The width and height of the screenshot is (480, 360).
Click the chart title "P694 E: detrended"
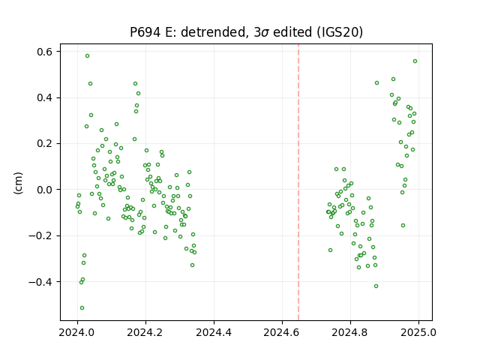click(187, 32)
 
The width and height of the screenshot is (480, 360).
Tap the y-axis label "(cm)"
click(18, 183)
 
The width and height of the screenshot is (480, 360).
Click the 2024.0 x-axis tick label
click(76, 332)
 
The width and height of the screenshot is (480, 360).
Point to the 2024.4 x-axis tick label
click(214, 332)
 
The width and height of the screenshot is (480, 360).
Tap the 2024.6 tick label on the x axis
click(282, 332)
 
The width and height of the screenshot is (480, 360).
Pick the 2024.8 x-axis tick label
click(350, 332)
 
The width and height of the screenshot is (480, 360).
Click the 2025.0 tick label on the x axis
click(418, 332)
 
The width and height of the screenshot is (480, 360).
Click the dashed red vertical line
click(298, 182)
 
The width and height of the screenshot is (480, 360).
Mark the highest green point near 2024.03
click(87, 56)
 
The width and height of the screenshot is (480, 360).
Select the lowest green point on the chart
click(82, 308)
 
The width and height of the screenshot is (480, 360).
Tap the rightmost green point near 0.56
click(415, 61)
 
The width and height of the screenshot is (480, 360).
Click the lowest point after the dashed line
click(376, 286)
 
